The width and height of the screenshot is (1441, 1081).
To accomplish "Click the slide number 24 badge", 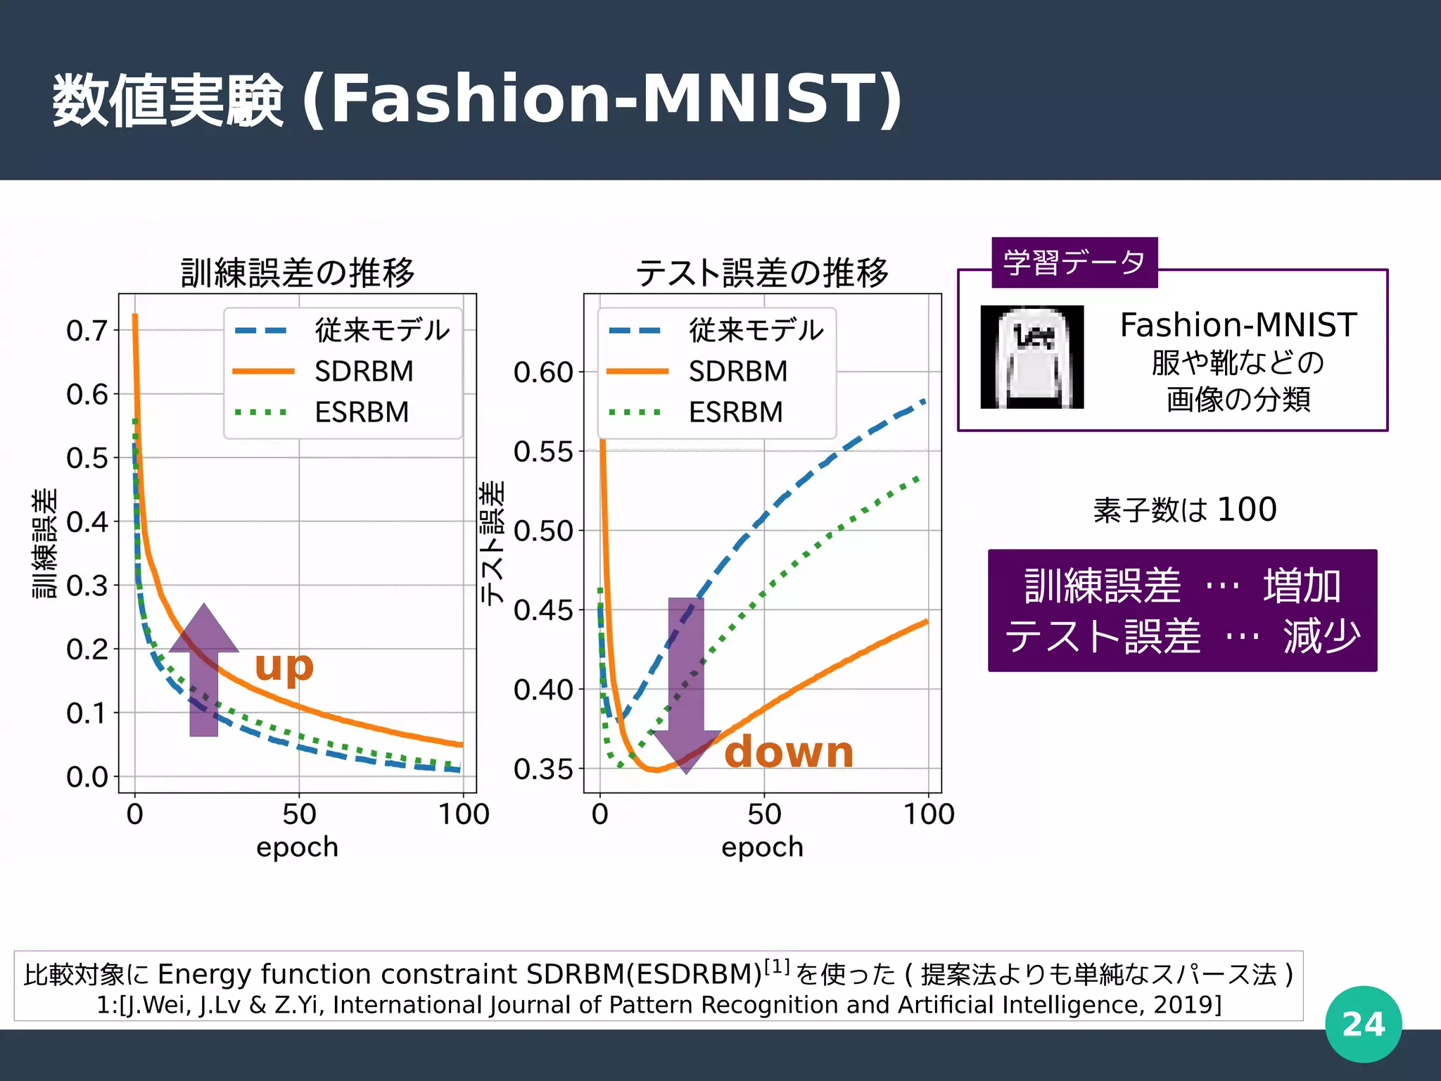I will pyautogui.click(x=1363, y=1024).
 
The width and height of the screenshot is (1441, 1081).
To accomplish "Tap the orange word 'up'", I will pyautogui.click(x=284, y=666).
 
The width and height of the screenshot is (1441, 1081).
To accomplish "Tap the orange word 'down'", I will pyautogui.click(x=789, y=752).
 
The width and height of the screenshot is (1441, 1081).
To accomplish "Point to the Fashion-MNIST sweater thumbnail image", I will pyautogui.click(x=1031, y=357).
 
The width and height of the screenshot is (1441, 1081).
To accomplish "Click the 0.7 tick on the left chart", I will pyautogui.click(x=87, y=330).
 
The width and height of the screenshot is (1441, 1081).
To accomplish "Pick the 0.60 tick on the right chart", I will pyautogui.click(x=543, y=372).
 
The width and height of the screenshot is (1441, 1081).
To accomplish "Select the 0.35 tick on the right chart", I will pyautogui.click(x=543, y=769).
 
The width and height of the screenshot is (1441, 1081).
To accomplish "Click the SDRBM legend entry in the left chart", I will pyautogui.click(x=364, y=371).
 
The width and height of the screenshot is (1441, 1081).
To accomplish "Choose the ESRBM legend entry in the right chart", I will pyautogui.click(x=735, y=412).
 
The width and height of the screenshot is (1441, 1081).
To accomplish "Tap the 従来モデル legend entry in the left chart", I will pyautogui.click(x=381, y=330).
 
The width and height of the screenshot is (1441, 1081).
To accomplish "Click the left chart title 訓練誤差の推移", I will pyautogui.click(x=298, y=273).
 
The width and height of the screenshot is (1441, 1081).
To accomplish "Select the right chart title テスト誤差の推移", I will pyautogui.click(x=762, y=273).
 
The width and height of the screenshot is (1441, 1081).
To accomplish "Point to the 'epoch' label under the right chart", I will pyautogui.click(x=762, y=847).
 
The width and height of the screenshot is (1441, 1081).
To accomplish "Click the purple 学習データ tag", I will pyautogui.click(x=1074, y=263).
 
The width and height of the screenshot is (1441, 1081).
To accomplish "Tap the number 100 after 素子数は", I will pyautogui.click(x=1247, y=509).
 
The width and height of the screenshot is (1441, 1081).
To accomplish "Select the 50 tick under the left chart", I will pyautogui.click(x=299, y=814).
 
